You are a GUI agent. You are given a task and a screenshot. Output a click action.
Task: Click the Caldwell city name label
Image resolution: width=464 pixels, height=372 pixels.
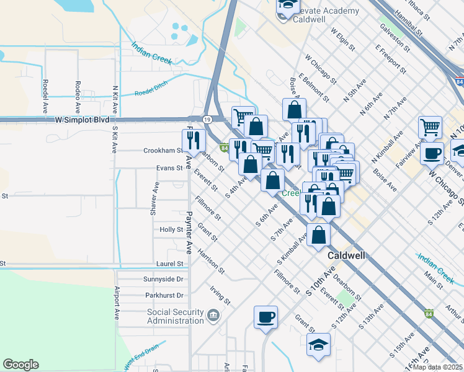tap(346, 255)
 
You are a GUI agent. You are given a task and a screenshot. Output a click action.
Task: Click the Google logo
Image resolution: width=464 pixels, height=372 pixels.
tap(20, 365)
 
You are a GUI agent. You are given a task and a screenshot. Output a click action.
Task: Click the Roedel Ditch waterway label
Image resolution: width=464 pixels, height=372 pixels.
tap(151, 93)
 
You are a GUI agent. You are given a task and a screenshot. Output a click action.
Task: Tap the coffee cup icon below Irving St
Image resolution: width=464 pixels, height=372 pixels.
tap(265, 317)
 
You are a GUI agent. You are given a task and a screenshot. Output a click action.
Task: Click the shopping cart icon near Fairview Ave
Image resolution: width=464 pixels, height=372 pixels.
tap(430, 128)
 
